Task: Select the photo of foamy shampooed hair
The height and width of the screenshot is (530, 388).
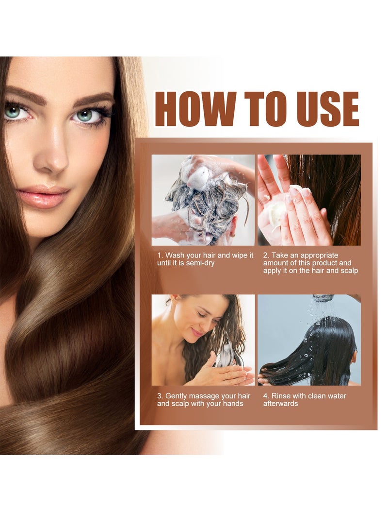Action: pos(203,200)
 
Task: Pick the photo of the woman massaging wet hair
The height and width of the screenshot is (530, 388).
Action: pos(203,340)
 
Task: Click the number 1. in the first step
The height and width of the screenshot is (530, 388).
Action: pos(160,255)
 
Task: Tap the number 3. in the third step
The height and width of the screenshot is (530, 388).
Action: pos(160,396)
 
